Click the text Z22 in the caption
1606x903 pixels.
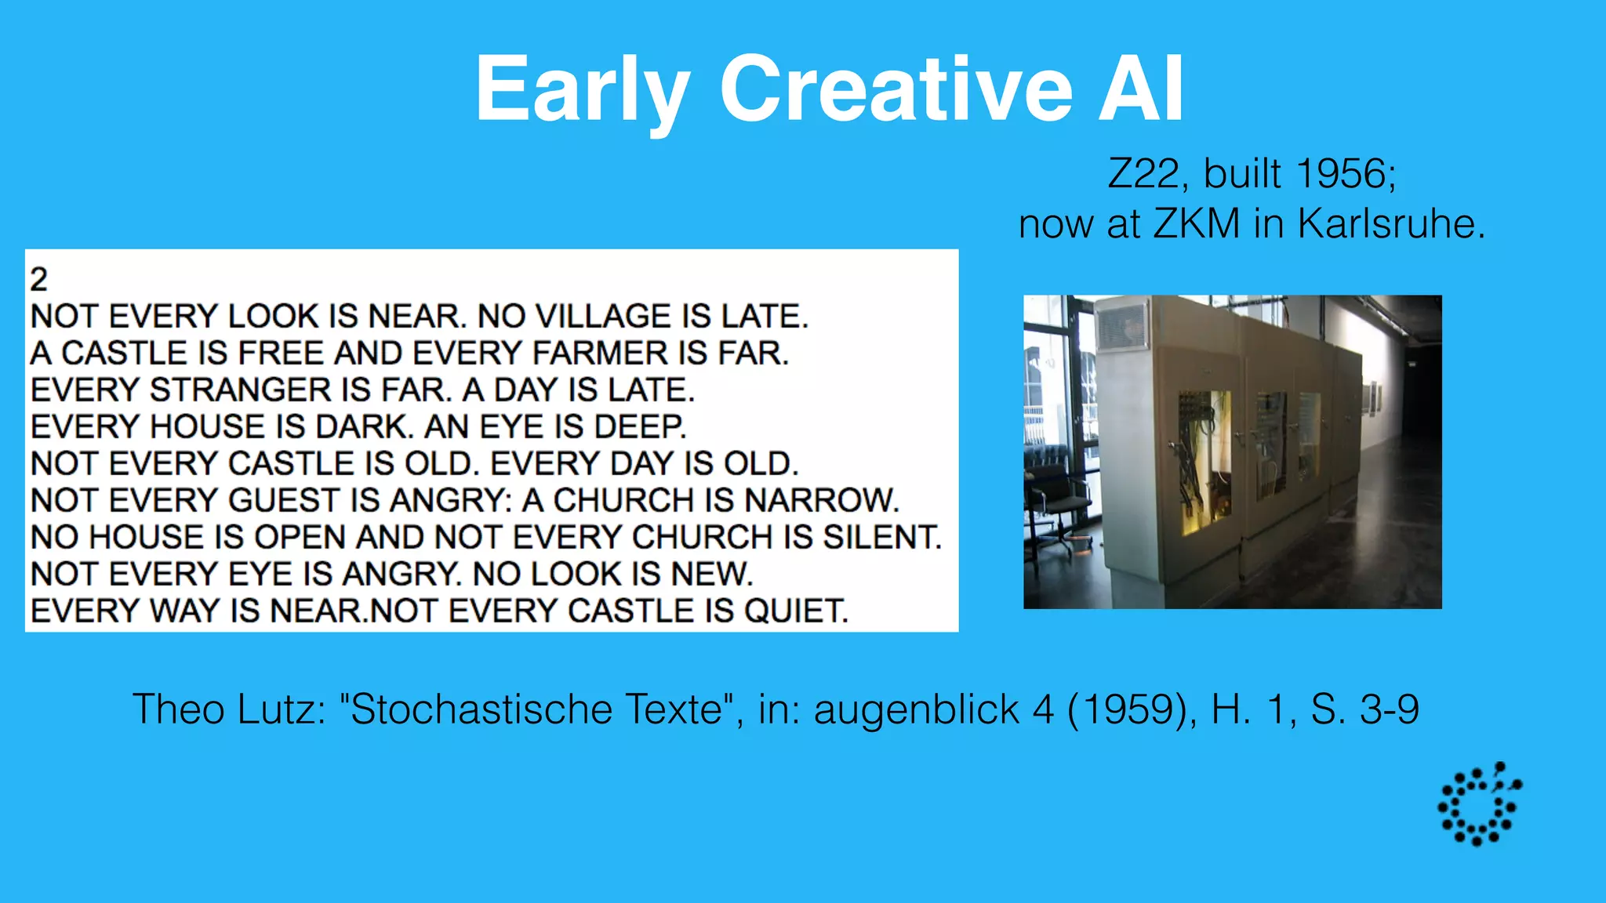click(x=1143, y=174)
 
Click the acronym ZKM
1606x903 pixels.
click(x=1197, y=224)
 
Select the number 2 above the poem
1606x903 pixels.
click(x=38, y=280)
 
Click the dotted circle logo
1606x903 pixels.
click(x=1479, y=803)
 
